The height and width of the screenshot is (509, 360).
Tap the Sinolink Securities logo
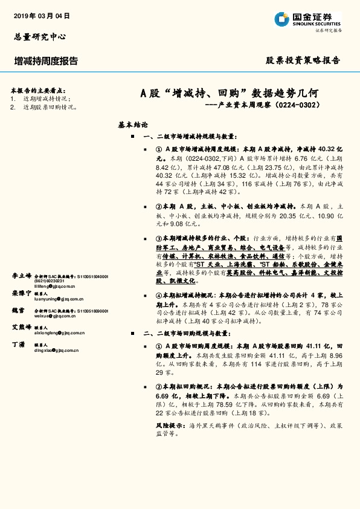point(307,19)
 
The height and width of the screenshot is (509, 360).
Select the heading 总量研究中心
point(40,37)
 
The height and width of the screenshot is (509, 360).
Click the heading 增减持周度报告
point(46,61)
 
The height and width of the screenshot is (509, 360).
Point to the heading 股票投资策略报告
point(303,60)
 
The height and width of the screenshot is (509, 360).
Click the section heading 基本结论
point(133,125)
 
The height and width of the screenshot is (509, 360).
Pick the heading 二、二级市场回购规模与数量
point(190,333)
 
